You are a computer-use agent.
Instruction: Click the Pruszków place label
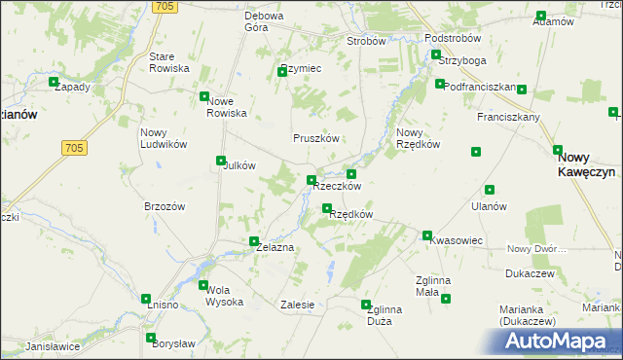[316, 138]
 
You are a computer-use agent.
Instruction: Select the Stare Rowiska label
[168, 62]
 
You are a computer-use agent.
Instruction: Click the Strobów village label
[367, 42]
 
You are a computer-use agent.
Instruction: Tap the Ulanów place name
[488, 206]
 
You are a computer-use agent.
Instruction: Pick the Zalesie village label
[297, 305]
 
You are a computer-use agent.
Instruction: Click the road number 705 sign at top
[165, 7]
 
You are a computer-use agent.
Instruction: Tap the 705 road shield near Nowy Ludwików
[73, 148]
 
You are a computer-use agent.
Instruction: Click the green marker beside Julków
[220, 162]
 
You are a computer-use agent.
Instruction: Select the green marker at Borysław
[151, 339]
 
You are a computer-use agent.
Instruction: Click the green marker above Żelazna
[254, 241]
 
